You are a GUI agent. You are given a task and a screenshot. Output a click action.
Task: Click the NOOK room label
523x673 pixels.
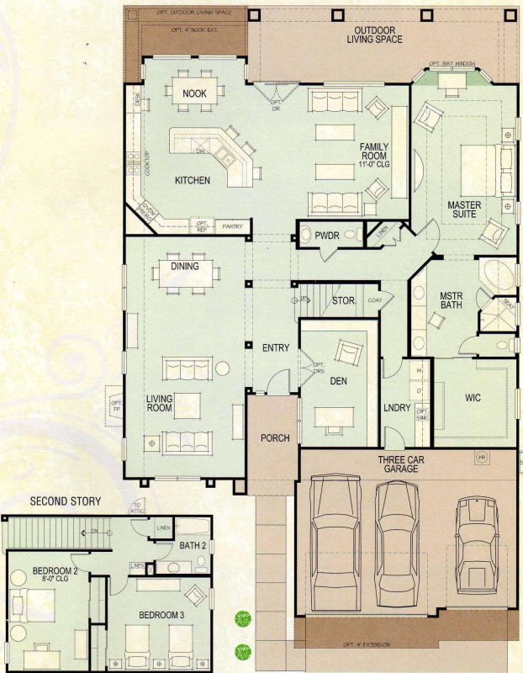pyautogui.click(x=194, y=93)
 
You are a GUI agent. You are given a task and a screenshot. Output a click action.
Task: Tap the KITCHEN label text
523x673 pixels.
pyautogui.click(x=192, y=180)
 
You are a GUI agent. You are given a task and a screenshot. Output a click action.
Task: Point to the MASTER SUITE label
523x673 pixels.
pyautogui.click(x=462, y=209)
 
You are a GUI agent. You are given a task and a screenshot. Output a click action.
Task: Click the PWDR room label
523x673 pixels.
pyautogui.click(x=326, y=236)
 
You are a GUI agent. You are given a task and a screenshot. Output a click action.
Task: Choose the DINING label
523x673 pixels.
pyautogui.click(x=185, y=267)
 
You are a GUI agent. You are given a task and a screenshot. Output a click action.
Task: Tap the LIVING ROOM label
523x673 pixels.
pyautogui.click(x=158, y=403)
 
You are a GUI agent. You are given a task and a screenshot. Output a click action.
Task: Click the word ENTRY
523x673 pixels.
pyautogui.click(x=276, y=347)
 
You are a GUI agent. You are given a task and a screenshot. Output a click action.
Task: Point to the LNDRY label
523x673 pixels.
pyautogui.click(x=396, y=408)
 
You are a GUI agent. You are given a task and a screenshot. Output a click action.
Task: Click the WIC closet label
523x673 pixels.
pyautogui.click(x=473, y=397)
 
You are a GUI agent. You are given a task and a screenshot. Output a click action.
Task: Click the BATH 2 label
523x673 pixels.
pyautogui.click(x=193, y=547)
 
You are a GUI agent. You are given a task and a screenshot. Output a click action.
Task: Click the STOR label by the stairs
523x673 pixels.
pyautogui.click(x=343, y=299)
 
